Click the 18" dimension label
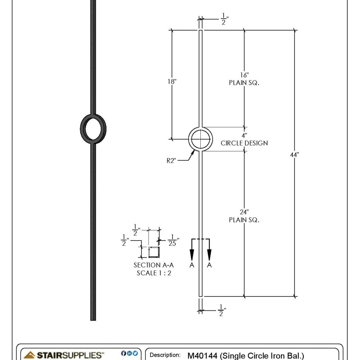click(x=172, y=81)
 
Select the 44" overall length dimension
click(x=294, y=155)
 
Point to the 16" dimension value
click(x=244, y=75)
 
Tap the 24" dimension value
click(x=244, y=212)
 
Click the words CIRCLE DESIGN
click(x=244, y=143)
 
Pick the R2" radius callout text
click(x=172, y=161)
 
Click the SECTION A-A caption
click(x=154, y=265)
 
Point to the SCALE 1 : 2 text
click(x=154, y=273)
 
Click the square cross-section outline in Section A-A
click(x=154, y=252)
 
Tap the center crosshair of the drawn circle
click(x=200, y=139)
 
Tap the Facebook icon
click(x=123, y=353)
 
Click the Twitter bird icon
click(x=135, y=353)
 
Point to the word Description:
click(x=165, y=355)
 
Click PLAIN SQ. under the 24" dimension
click(x=244, y=220)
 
